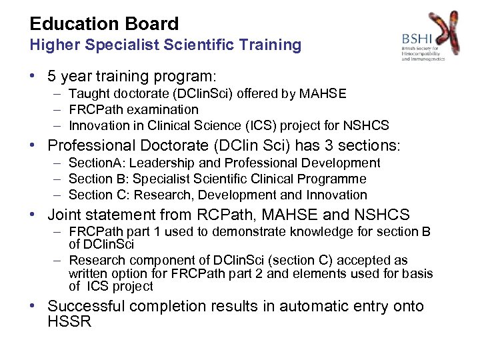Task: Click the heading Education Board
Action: coord(104,24)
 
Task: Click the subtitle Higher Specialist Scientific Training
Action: coord(165,45)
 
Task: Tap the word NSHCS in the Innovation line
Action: coord(368,125)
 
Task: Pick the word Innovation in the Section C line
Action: coord(337,195)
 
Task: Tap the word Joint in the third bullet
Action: coord(65,215)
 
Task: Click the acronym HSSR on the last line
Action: coord(69,321)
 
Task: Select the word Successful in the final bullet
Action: coord(85,307)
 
